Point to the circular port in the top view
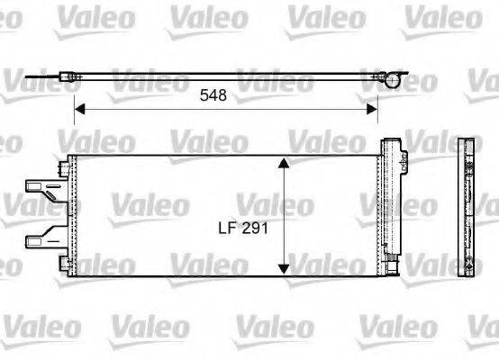tap(392, 81)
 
